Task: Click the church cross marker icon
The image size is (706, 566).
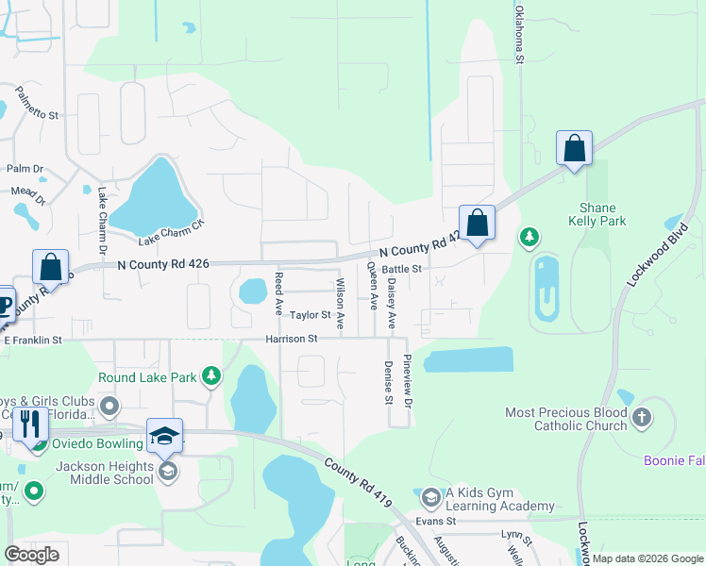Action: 642,417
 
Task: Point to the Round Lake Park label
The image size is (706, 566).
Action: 147,377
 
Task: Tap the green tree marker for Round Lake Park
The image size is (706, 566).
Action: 212,377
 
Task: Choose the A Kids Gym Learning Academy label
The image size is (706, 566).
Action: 500,499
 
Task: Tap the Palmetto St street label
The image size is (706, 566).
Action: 37,103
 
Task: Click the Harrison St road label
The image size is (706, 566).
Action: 292,338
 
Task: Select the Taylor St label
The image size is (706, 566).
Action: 310,315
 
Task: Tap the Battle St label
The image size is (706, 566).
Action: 401,269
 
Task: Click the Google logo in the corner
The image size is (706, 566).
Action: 31,554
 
